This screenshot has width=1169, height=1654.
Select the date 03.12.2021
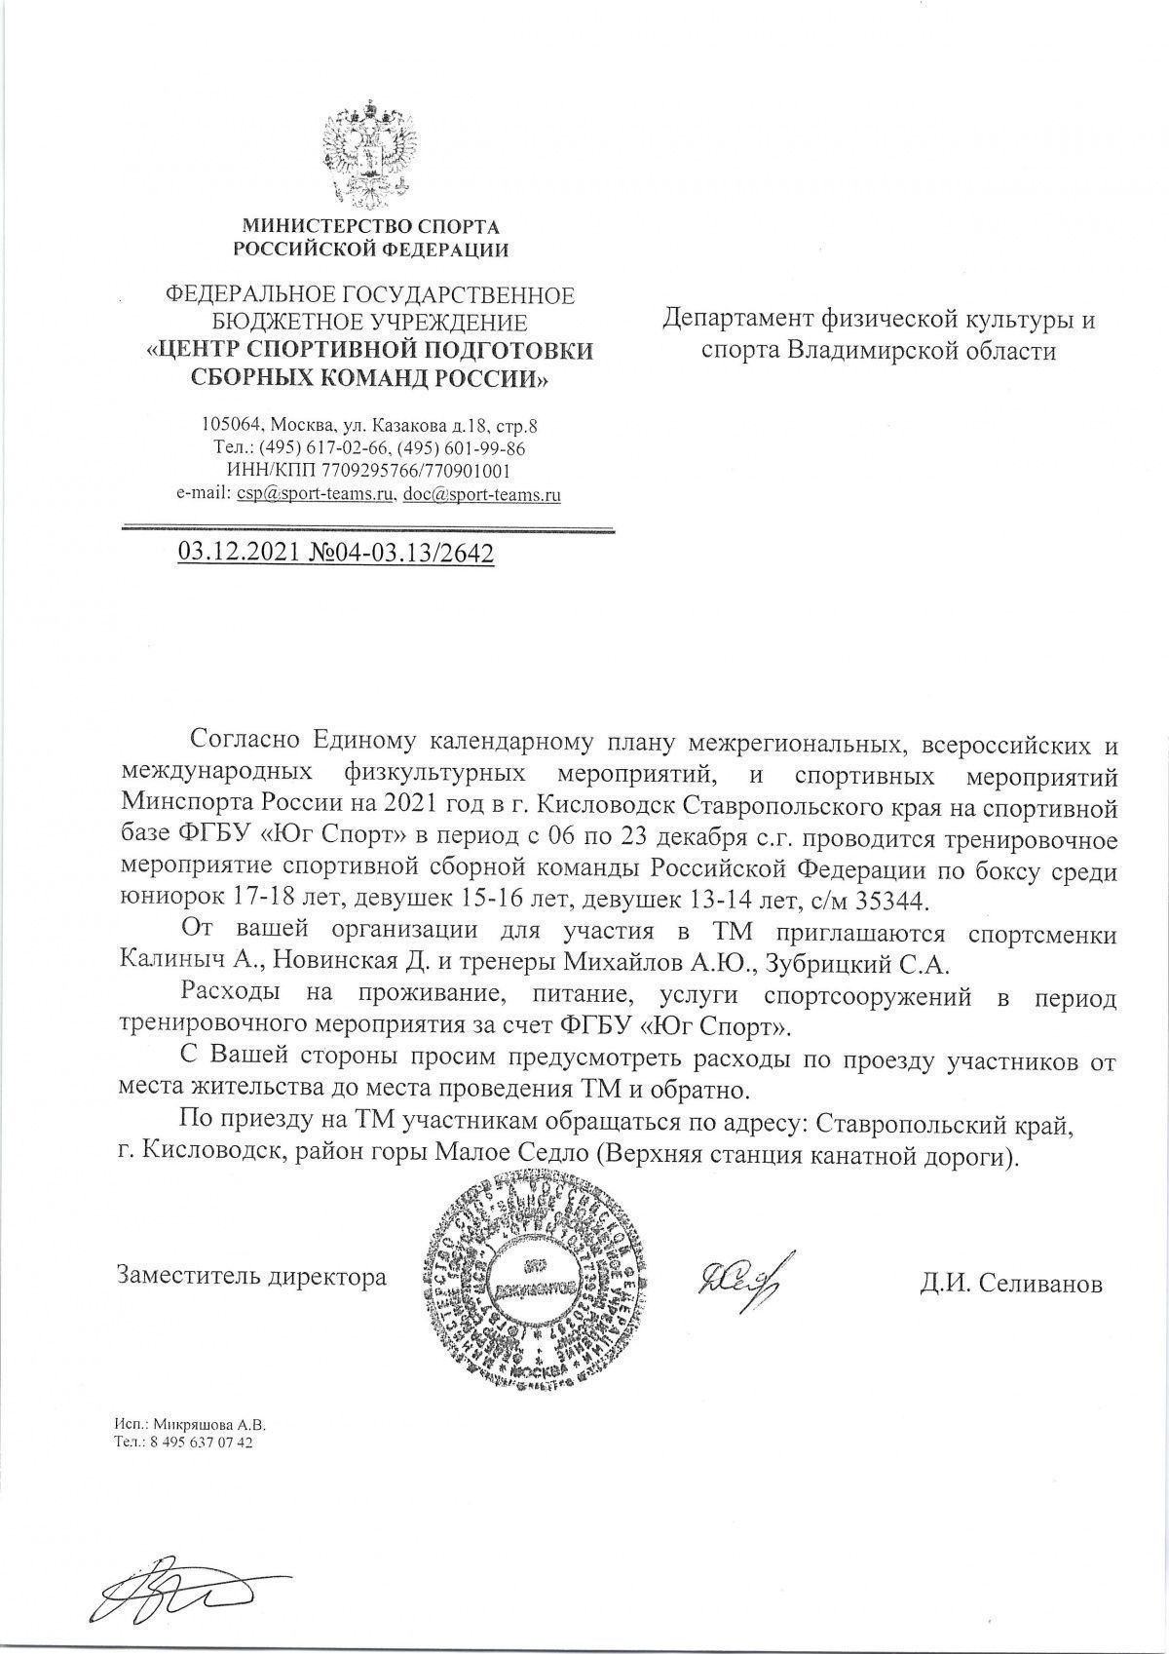point(239,554)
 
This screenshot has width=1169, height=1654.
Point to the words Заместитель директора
point(251,1276)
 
